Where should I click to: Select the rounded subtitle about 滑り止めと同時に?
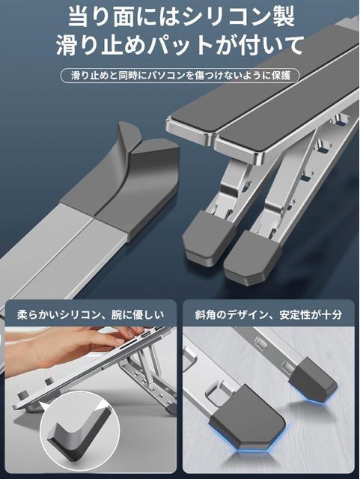point(180,76)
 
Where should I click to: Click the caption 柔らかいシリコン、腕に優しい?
point(91,314)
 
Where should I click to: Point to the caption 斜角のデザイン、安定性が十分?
point(269,314)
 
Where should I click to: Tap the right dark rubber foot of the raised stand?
point(252,259)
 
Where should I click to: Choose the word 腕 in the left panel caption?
point(117,314)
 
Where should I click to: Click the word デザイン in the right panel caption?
point(239,314)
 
